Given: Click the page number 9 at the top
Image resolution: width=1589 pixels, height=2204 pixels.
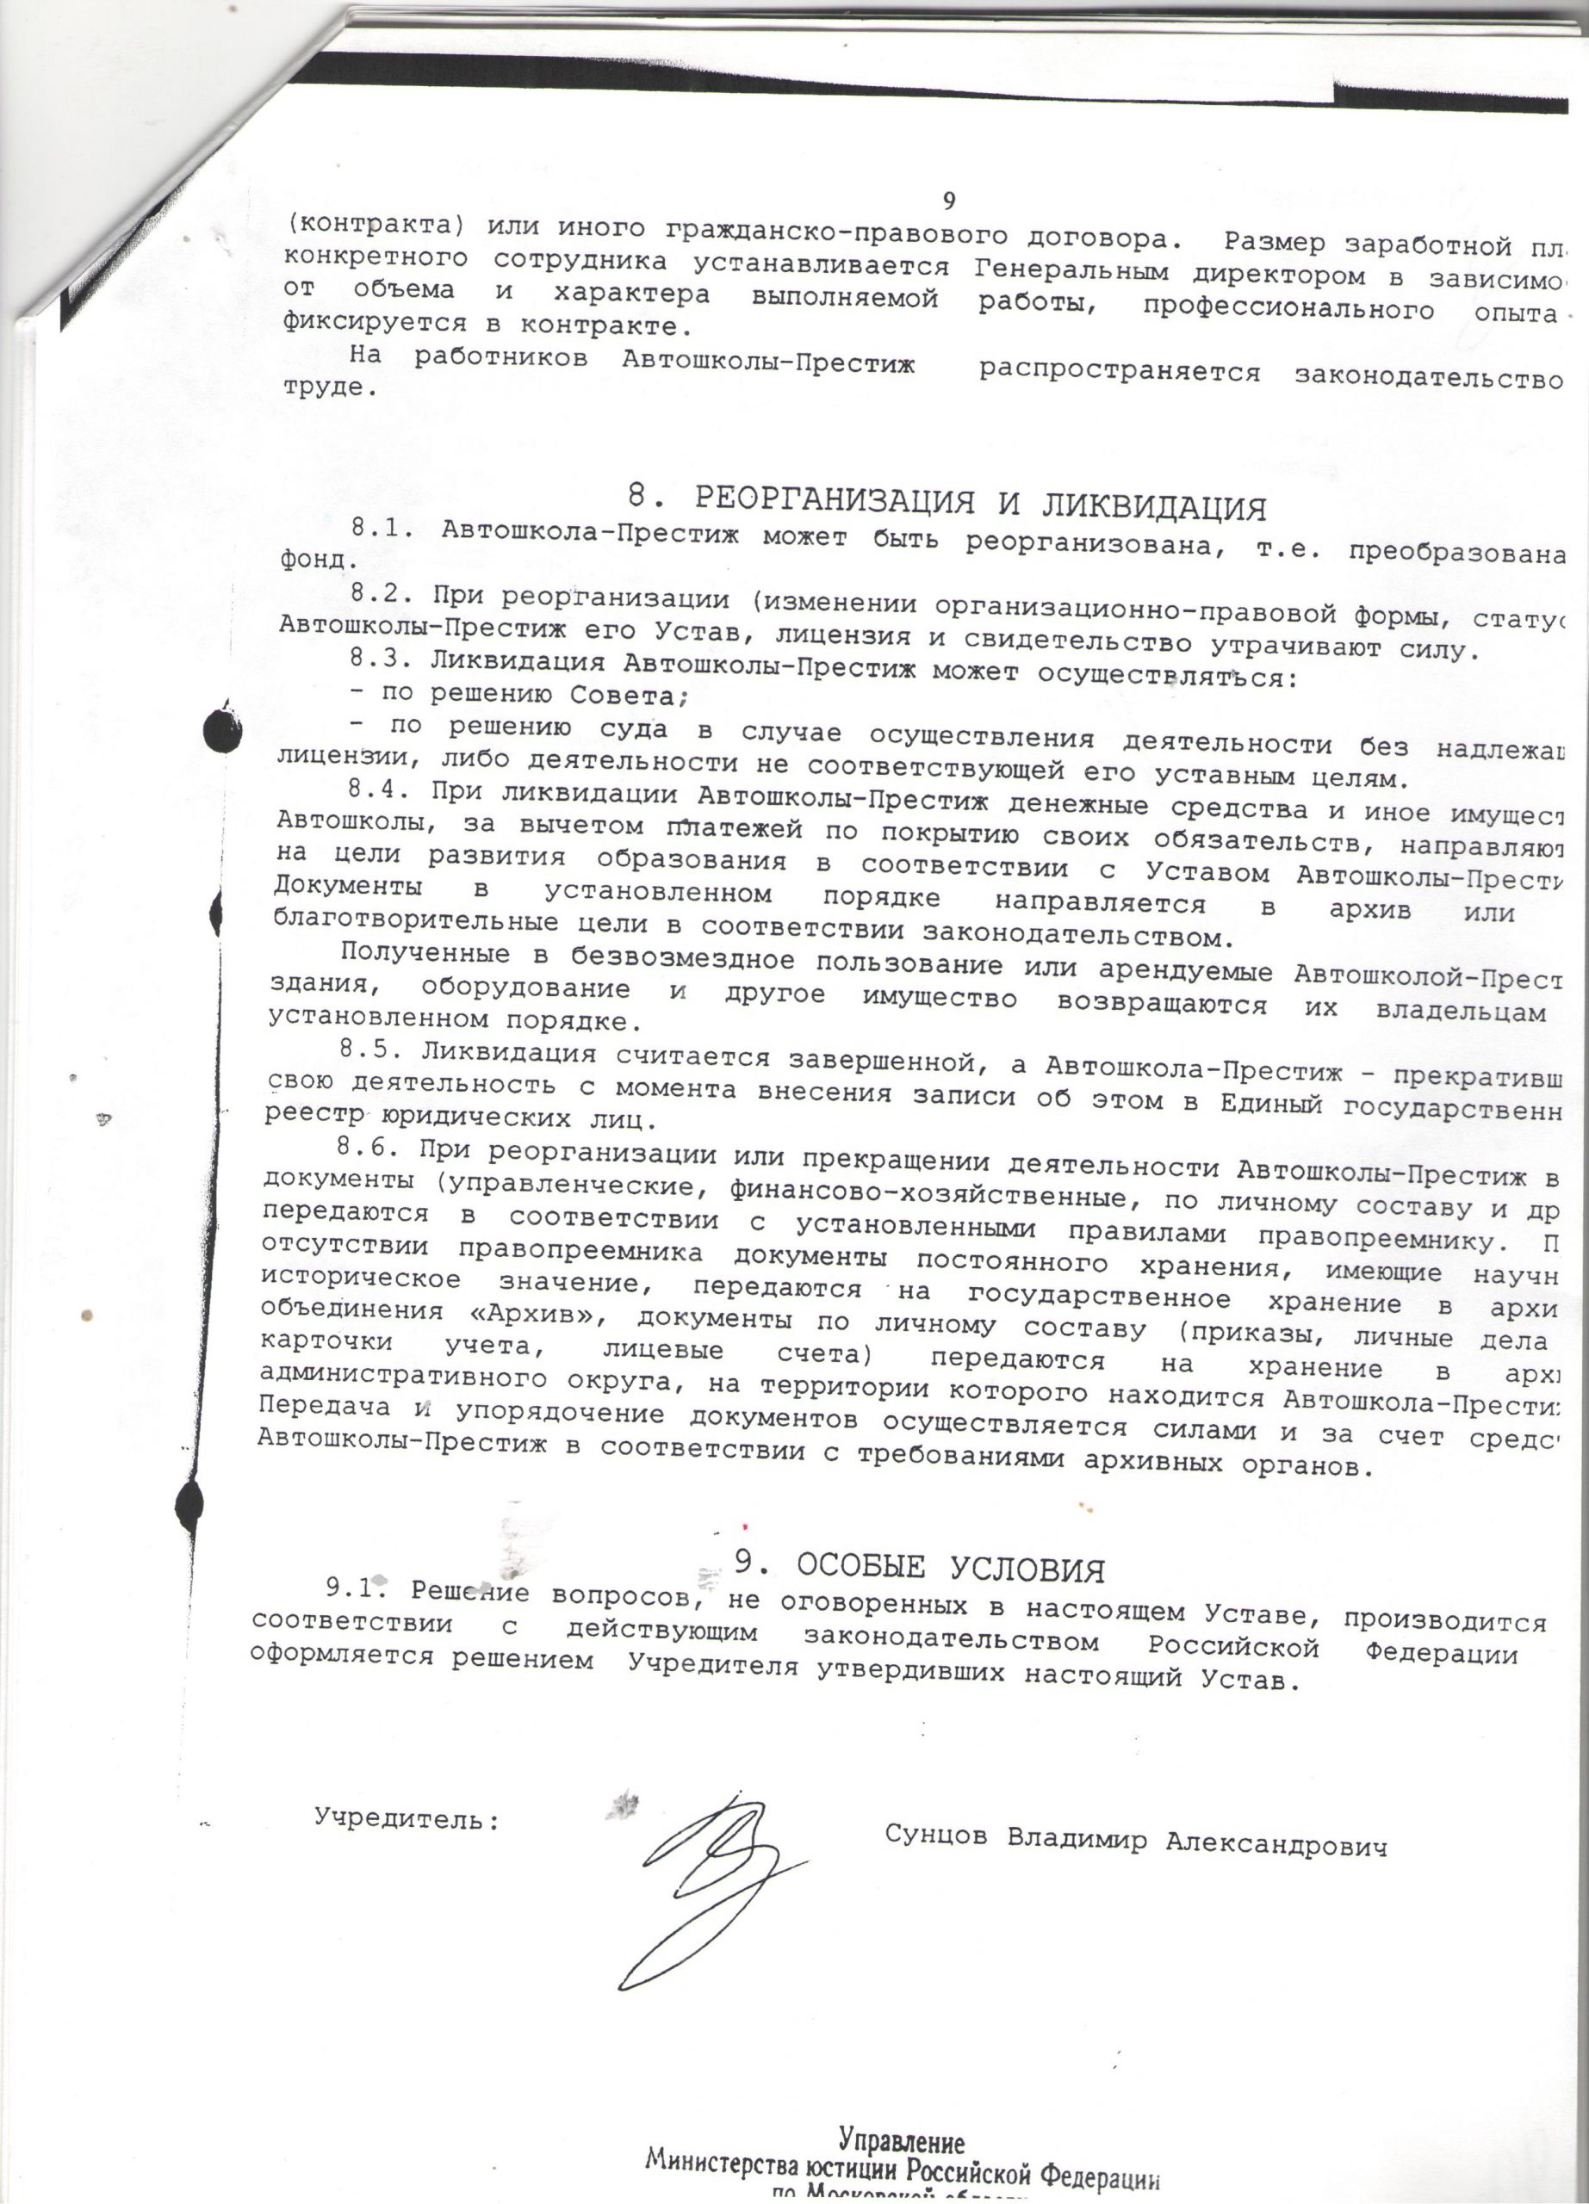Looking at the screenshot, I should [x=949, y=201].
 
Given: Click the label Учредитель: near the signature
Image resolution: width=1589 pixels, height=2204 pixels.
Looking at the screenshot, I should [x=407, y=1818].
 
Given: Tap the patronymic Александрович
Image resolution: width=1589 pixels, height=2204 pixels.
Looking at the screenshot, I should [x=1276, y=1844].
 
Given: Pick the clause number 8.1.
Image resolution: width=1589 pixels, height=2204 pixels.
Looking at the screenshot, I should [x=384, y=529].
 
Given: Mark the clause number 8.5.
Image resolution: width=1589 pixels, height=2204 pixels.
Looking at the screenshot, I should [x=371, y=1051].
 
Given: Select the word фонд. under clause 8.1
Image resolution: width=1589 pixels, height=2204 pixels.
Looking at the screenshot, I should [x=312, y=560].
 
